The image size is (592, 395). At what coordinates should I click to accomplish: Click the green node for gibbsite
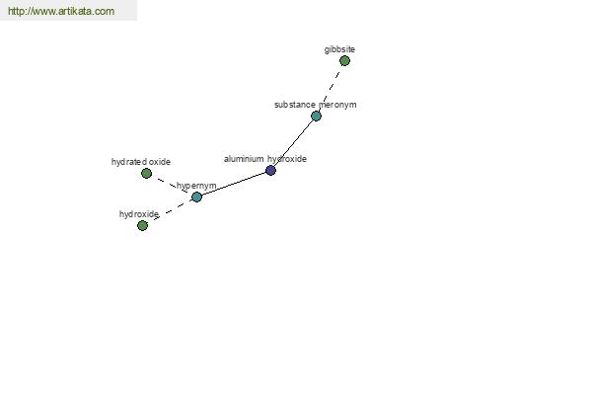tap(344, 61)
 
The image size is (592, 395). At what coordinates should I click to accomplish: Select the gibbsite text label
tap(339, 49)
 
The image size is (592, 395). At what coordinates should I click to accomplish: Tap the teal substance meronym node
tap(316, 117)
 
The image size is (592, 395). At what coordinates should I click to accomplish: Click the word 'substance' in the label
tap(295, 105)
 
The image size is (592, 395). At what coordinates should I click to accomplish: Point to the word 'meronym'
tap(337, 105)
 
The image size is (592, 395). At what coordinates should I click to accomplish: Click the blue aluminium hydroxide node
tap(270, 171)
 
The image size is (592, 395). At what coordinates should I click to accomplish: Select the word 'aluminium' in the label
tap(244, 159)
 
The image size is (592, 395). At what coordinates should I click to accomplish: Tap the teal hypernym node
tap(196, 197)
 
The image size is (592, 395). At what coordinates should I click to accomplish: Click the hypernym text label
tap(196, 186)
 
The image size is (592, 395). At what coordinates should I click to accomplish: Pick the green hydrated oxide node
tap(146, 174)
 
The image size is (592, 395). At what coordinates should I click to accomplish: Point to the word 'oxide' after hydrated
tap(160, 162)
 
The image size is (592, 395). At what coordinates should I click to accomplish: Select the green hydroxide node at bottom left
tap(142, 226)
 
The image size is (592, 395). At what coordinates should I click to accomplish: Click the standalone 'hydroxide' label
tap(139, 214)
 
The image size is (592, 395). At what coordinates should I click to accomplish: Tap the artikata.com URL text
tap(61, 11)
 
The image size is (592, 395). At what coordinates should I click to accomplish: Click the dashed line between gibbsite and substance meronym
tap(331, 89)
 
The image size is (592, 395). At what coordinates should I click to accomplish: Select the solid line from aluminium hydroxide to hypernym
tap(234, 184)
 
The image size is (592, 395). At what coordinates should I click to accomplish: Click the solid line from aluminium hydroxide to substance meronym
tap(293, 143)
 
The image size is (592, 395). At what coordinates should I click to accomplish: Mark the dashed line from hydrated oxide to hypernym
tap(172, 186)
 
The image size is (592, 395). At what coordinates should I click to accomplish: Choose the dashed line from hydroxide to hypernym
tap(170, 211)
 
